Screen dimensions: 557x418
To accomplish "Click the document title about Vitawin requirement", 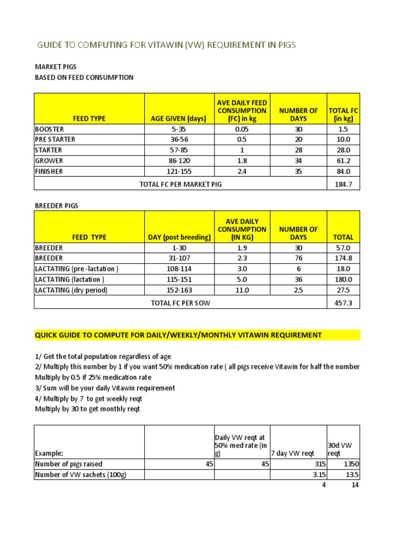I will click(166, 45).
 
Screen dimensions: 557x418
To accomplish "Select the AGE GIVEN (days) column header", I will click(180, 119).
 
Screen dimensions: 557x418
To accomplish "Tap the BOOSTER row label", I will click(50, 129).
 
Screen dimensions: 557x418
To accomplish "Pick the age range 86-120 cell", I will click(180, 161).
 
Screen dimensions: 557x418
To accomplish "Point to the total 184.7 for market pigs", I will click(343, 184).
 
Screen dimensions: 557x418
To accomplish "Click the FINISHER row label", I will click(49, 171).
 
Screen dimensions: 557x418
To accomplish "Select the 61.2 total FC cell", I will click(343, 161).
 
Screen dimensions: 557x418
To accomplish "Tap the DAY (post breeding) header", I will click(179, 237).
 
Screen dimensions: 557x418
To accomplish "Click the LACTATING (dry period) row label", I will click(71, 290).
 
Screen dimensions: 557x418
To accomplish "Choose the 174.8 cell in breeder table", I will click(343, 258).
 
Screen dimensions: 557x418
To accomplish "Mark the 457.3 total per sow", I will click(343, 303).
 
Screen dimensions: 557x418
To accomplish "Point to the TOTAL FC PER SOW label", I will click(181, 303).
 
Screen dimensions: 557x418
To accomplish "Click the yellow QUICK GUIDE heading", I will click(179, 335).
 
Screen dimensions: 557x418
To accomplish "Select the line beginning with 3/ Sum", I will click(105, 388).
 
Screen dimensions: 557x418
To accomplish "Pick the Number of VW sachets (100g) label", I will click(82, 474).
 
